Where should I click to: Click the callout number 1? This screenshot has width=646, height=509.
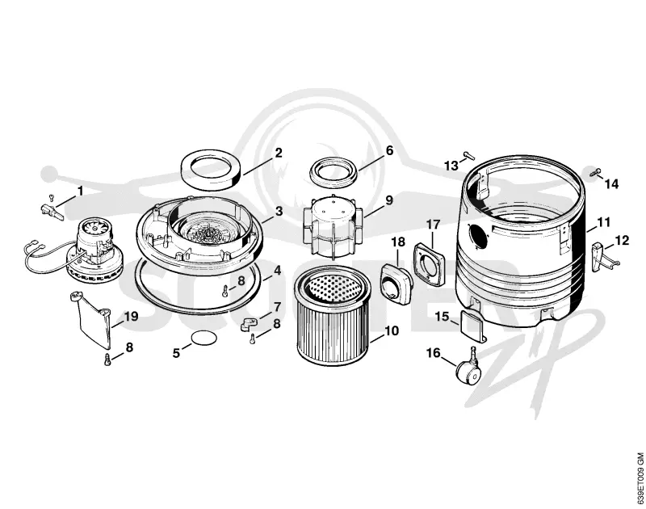point(80,191)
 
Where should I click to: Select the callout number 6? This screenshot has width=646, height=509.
point(389,150)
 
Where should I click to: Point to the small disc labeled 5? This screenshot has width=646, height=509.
point(204,338)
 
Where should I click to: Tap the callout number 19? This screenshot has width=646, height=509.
point(132,317)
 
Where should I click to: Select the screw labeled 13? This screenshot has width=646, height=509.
point(469,155)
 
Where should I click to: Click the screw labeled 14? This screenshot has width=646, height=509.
point(595,171)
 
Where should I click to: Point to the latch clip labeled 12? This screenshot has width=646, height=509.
point(600,257)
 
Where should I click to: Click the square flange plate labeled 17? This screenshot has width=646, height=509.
point(430,263)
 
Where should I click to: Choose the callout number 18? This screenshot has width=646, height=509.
point(398,242)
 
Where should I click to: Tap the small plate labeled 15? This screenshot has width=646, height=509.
point(472,325)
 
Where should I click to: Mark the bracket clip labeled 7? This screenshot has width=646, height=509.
point(249,323)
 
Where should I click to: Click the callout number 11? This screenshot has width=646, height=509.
point(603,222)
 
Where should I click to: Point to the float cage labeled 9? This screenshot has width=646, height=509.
point(332,226)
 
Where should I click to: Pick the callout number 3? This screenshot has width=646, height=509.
point(279,212)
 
